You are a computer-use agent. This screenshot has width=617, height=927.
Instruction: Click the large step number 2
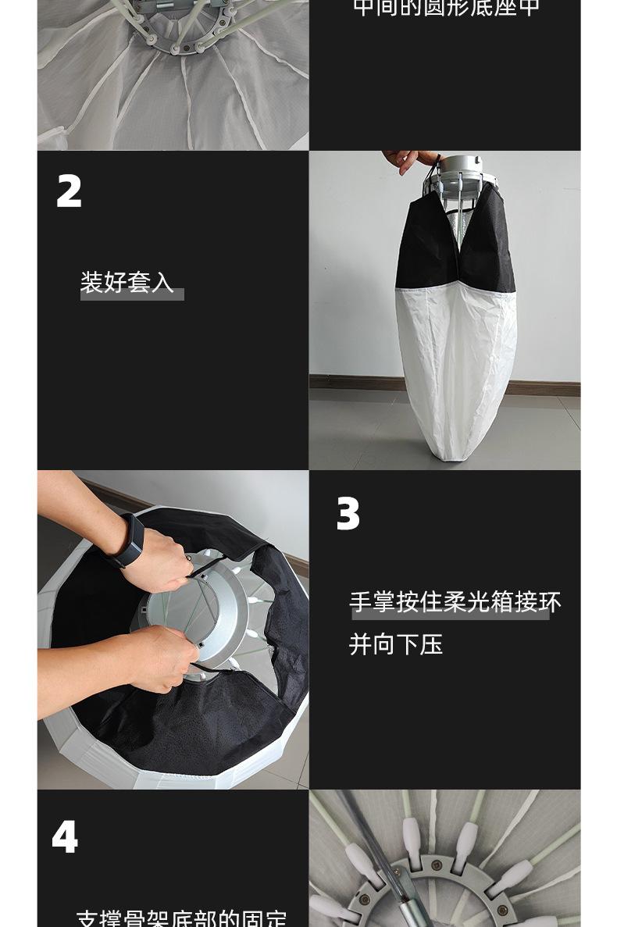pyautogui.click(x=70, y=191)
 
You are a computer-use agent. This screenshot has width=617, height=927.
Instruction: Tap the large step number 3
pyautogui.click(x=348, y=514)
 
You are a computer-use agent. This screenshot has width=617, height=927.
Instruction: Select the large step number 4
pyautogui.click(x=65, y=837)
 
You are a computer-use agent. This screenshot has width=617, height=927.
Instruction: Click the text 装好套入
pyautogui.click(x=127, y=282)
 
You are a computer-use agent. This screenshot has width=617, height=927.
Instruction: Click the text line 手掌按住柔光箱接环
pyautogui.click(x=455, y=602)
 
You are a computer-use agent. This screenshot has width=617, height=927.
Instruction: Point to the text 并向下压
pyautogui.click(x=395, y=644)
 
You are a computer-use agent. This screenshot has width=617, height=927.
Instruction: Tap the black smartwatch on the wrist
pyautogui.click(x=127, y=541)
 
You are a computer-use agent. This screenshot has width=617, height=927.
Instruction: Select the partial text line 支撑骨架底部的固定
pyautogui.click(x=181, y=918)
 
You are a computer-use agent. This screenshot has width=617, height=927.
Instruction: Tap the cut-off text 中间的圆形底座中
pyautogui.click(x=446, y=9)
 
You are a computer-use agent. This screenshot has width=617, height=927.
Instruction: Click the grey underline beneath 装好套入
pyautogui.click(x=132, y=294)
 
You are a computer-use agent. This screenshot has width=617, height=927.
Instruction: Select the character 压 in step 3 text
pyautogui.click(x=430, y=644)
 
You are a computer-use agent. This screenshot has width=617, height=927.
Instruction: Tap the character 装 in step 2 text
pyautogui.click(x=92, y=282)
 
